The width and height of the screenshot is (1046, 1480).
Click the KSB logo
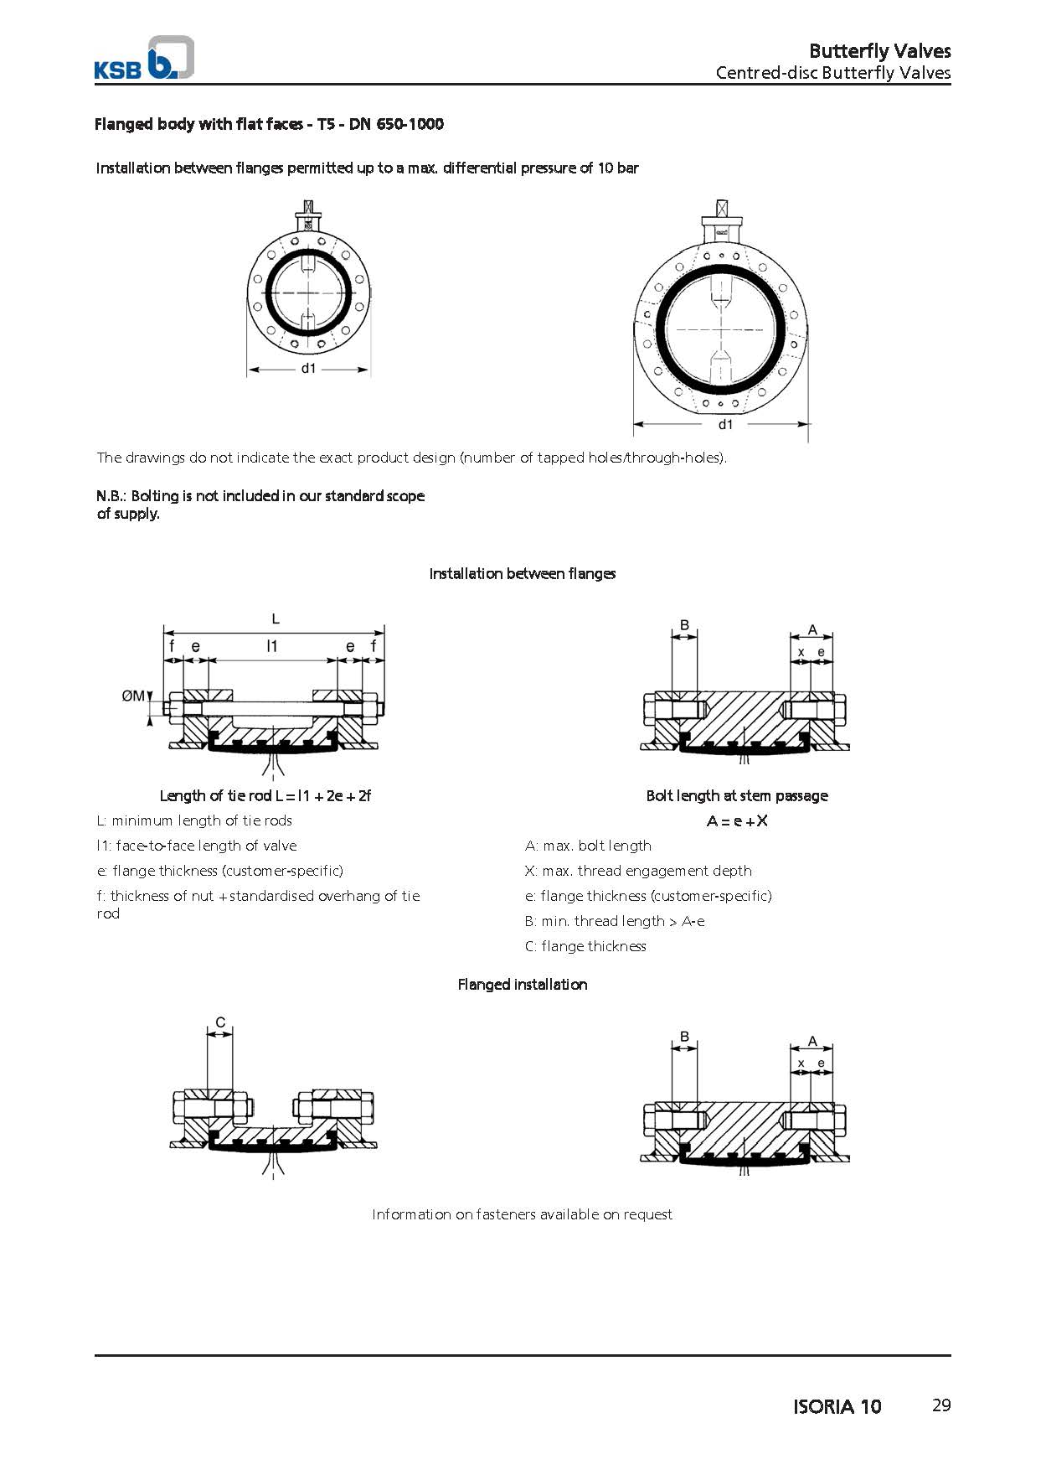(x=144, y=59)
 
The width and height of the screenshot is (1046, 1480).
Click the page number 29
(x=941, y=1405)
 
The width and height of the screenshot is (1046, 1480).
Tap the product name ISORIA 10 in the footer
(x=837, y=1406)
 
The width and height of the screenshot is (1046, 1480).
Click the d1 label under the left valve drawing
(x=309, y=369)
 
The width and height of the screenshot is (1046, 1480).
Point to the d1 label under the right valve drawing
(x=725, y=424)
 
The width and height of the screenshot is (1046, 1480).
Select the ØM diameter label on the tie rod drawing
(x=133, y=696)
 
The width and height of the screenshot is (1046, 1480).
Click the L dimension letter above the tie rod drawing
(x=276, y=619)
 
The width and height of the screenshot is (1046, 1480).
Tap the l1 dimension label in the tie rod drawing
(x=272, y=646)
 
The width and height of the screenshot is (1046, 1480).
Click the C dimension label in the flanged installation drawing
(x=220, y=1022)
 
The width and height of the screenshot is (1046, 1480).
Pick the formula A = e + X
(x=737, y=820)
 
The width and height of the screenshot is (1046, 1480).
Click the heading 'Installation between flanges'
(x=522, y=574)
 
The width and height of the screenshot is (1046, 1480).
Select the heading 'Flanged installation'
(x=522, y=985)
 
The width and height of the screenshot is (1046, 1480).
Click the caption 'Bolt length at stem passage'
(x=737, y=795)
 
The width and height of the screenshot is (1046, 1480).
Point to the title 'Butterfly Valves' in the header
(x=879, y=50)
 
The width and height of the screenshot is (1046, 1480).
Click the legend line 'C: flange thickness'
(x=585, y=946)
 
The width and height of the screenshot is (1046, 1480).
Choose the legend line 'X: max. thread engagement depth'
(x=638, y=871)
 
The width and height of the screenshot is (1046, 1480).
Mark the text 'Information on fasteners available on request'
(x=522, y=1214)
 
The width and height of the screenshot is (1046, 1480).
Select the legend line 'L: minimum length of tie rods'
(x=194, y=820)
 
